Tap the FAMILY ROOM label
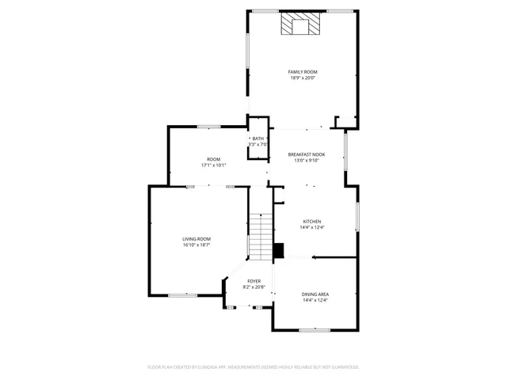pos(303,72)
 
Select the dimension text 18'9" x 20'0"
pos(303,78)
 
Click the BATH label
pos(259,139)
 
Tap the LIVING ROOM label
pos(196,239)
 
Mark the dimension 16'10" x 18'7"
pos(196,245)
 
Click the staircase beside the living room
pos(260,236)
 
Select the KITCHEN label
pos(312,222)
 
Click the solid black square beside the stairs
pos(278,250)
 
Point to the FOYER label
pos(253,281)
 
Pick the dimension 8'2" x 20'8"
pos(253,287)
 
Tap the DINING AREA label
pos(315,294)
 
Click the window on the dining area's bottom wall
pos(314,330)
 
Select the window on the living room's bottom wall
pos(182,295)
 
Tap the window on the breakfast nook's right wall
pos(345,150)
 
